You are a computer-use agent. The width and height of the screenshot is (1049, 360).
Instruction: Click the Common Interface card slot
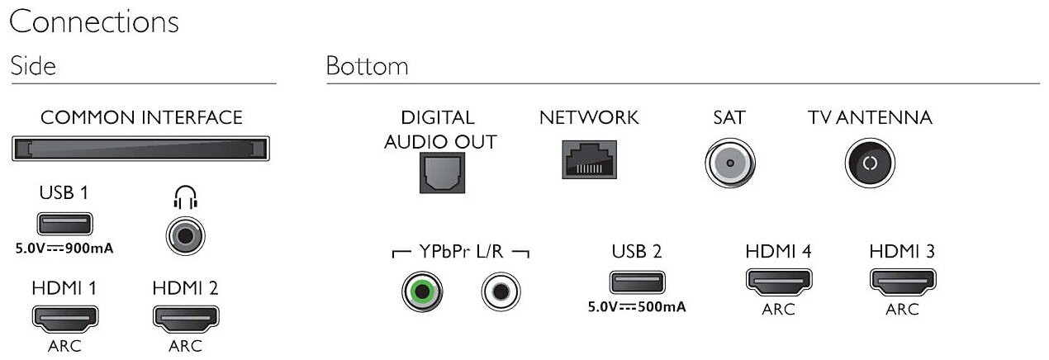click(141, 149)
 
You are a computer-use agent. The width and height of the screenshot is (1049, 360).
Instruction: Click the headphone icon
click(185, 197)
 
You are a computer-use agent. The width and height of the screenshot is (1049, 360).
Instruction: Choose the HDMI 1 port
click(64, 317)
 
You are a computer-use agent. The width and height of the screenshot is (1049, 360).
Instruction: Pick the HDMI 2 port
click(185, 317)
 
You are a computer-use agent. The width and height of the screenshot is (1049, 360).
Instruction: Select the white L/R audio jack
click(501, 291)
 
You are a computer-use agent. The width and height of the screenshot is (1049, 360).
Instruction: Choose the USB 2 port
click(637, 282)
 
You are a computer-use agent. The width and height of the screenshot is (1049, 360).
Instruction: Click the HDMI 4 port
click(777, 282)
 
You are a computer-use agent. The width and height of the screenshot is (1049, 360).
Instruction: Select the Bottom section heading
click(367, 66)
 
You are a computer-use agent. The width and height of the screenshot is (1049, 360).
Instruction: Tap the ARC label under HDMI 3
click(901, 310)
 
